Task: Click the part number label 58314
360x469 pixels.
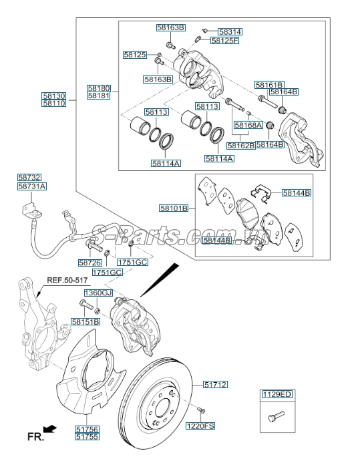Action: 230,31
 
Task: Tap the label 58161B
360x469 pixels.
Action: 269,85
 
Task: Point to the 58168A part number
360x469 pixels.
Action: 248,125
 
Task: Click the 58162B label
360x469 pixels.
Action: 240,145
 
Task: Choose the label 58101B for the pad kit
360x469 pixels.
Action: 174,208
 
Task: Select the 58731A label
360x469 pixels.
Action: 31,187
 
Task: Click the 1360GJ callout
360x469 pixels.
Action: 98,293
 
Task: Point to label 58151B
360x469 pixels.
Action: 85,321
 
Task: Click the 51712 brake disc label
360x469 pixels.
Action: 216,385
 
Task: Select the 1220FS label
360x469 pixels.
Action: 200,426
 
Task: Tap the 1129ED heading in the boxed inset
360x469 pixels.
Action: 277,395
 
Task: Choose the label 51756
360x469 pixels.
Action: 87,429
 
